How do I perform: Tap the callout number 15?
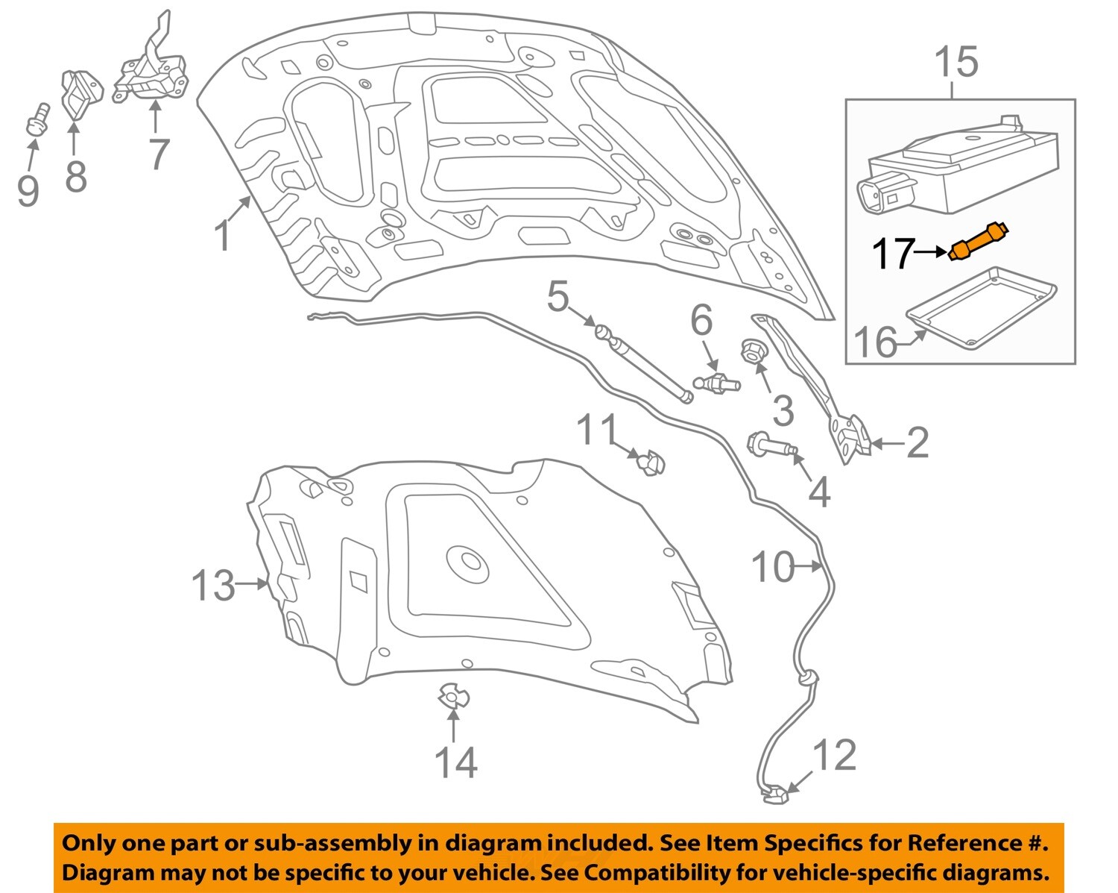pos(956,62)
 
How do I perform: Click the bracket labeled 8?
pos(80,93)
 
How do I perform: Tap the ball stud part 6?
pos(717,383)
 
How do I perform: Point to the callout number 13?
pos(213,585)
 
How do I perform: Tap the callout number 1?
pos(223,235)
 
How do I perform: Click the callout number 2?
pos(917,443)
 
